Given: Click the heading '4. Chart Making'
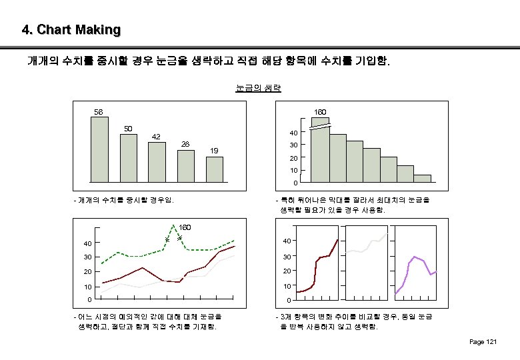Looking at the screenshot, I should click(71, 30).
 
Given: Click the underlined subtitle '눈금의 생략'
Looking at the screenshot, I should click(259, 87).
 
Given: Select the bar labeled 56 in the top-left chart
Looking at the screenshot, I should click(100, 149).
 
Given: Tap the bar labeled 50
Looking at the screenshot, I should click(128, 157).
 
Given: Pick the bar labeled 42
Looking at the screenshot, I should click(156, 161).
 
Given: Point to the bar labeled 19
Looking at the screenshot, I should click(213, 169).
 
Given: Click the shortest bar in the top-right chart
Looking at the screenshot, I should click(422, 178).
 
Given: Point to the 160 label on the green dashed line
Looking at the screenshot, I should click(185, 228).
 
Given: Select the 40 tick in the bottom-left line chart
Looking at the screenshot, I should click(79, 243).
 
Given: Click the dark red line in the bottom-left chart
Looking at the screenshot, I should click(143, 268).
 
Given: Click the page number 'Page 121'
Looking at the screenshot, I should click(483, 342).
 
